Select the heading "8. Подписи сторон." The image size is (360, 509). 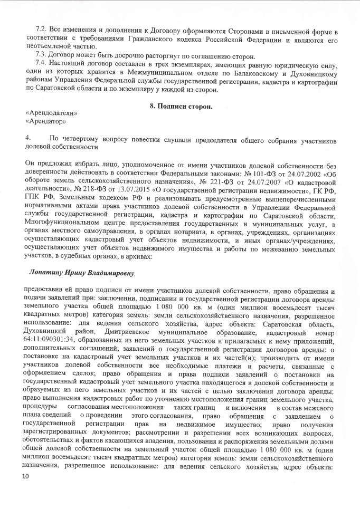(x=181, y=107)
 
